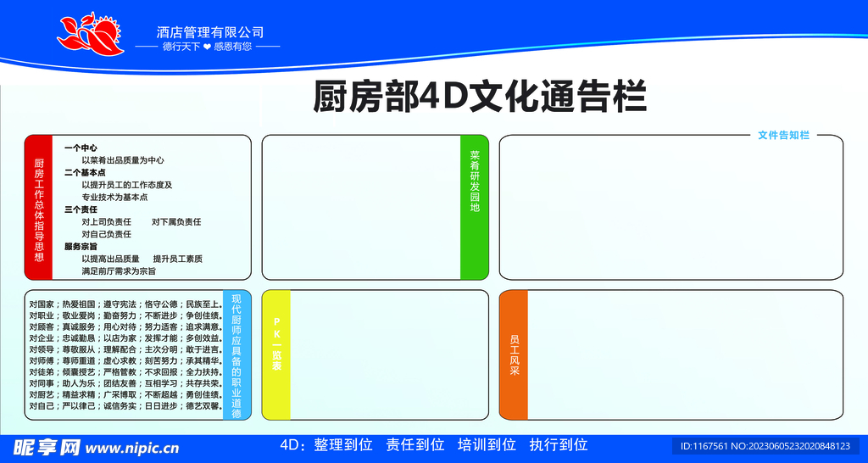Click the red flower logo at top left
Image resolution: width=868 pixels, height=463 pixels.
click(x=89, y=35)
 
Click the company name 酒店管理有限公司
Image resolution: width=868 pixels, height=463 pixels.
click(x=210, y=31)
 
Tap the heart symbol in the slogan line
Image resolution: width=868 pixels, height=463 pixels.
click(x=207, y=47)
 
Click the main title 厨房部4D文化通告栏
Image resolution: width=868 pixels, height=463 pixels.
click(x=480, y=97)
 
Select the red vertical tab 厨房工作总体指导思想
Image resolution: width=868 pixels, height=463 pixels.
click(x=39, y=208)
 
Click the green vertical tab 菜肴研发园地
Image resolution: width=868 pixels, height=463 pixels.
click(x=475, y=208)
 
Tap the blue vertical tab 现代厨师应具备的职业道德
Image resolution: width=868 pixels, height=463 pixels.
click(x=236, y=355)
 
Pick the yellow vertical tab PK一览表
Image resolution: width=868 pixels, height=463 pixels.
click(x=276, y=355)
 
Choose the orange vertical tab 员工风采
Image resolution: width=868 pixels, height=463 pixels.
click(x=514, y=355)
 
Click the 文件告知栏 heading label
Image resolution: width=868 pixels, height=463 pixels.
click(x=783, y=135)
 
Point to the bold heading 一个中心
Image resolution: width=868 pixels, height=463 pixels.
click(x=81, y=148)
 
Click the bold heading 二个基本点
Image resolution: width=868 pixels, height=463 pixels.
click(x=85, y=172)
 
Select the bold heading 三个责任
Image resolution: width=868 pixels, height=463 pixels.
click(x=81, y=209)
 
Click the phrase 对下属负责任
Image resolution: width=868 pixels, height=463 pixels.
click(x=176, y=222)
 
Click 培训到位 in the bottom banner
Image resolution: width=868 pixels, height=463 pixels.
click(x=487, y=444)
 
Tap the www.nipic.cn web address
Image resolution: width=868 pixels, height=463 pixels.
click(x=133, y=448)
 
